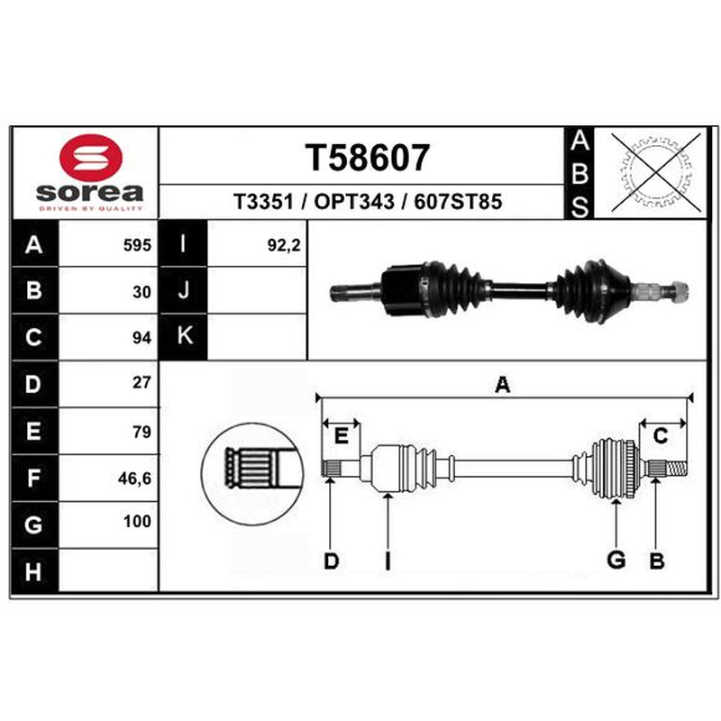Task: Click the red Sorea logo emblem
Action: coord(91,157)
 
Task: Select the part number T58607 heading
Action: coord(368,157)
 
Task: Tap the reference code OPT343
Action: coord(354,201)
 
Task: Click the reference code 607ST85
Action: coord(458,201)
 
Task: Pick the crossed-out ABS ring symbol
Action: coord(656,173)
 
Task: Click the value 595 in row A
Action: coord(137,245)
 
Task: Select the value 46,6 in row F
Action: coord(134,479)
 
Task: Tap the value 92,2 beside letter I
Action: coord(284,245)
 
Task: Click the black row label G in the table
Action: coord(34,525)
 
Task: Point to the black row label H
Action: coord(34,571)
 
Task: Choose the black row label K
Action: coord(183,336)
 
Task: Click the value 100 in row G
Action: coord(137,522)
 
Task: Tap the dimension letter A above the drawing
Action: coord(503,385)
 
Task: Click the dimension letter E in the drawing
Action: coord(341,435)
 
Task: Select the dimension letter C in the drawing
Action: coord(661,436)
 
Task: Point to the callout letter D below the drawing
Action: coord(331,561)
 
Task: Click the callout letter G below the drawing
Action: coord(616,560)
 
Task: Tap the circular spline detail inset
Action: coord(252,474)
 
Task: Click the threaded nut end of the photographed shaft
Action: coord(680,291)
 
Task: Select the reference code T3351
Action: coord(263,201)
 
